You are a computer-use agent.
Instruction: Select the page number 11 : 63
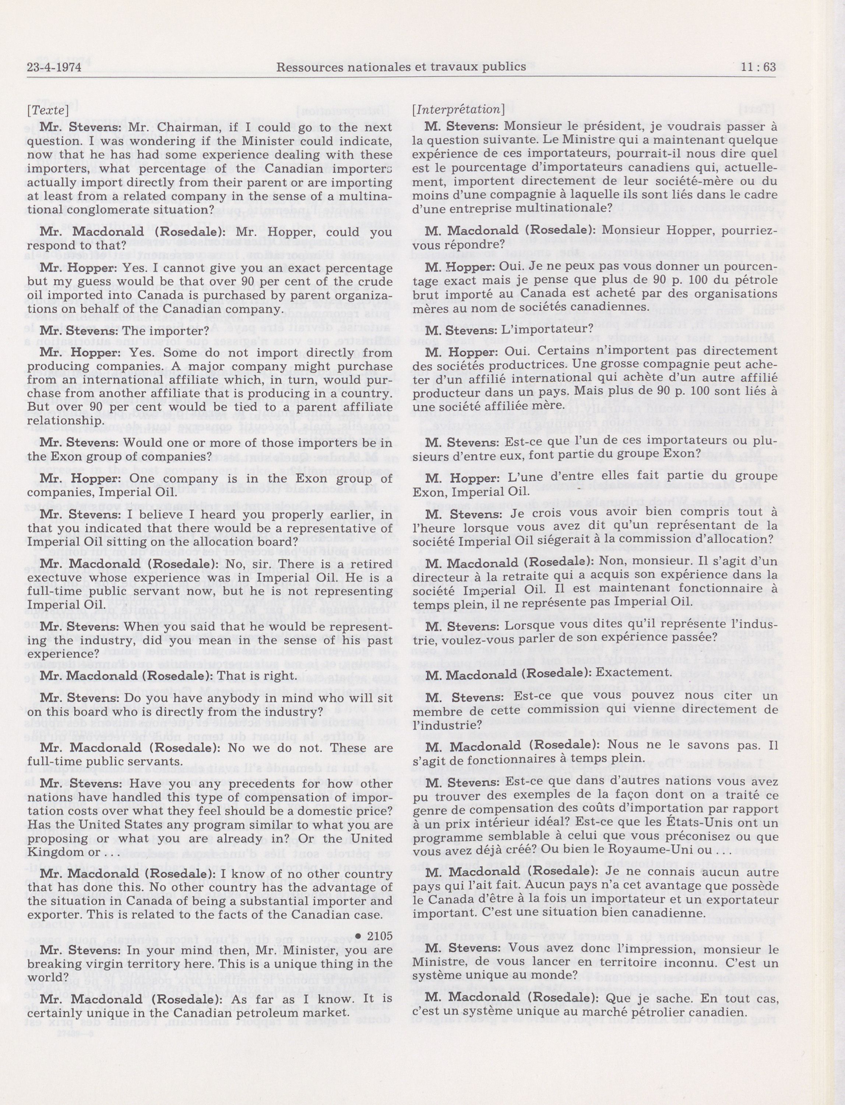758,67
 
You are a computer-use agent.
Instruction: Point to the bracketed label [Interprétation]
458,109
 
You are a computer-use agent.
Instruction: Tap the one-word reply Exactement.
637,672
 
